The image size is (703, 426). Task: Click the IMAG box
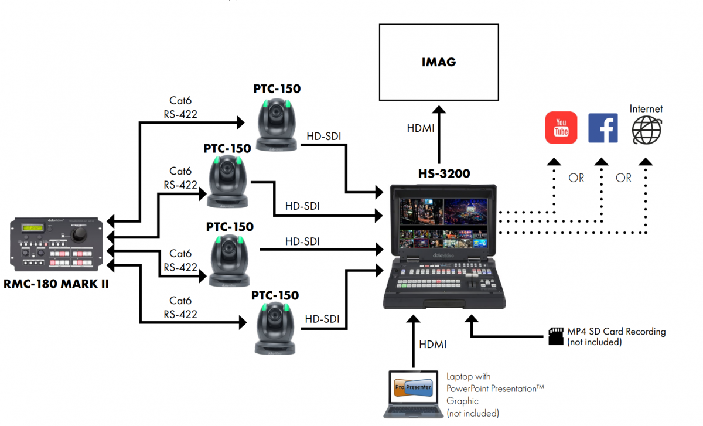[439, 62]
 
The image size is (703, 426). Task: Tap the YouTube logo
[561, 128]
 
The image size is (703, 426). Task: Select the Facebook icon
[603, 128]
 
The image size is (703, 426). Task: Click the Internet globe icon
[646, 129]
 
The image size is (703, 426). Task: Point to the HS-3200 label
[444, 174]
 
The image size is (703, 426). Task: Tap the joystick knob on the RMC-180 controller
[78, 234]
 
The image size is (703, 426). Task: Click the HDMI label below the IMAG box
[420, 128]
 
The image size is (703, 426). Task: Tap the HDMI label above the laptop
[433, 345]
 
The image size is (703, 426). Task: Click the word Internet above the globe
[646, 109]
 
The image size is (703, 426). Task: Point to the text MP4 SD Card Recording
[616, 332]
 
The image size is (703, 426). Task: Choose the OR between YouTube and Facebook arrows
[576, 178]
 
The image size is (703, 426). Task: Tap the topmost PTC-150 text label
[277, 89]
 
